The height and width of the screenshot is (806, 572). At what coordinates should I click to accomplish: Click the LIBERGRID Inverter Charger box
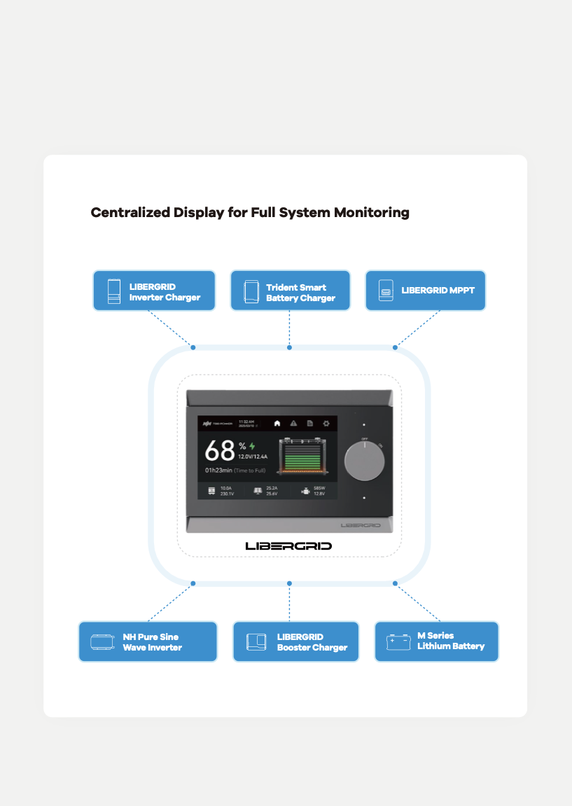(154, 291)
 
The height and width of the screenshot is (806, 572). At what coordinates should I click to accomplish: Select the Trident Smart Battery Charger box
(290, 291)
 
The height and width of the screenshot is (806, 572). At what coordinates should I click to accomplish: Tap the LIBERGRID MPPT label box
(425, 291)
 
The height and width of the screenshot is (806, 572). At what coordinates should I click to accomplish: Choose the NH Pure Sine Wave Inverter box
(148, 641)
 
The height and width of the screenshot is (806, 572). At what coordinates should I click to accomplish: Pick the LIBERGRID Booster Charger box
(295, 641)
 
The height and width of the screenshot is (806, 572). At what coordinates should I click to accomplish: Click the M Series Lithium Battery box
(436, 641)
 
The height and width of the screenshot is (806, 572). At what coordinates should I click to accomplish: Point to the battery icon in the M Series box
(399, 641)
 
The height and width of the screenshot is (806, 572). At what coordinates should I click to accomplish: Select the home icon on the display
(277, 424)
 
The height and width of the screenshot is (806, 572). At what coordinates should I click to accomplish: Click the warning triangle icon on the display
(293, 424)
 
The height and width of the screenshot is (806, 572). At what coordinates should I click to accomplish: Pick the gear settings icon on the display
(326, 424)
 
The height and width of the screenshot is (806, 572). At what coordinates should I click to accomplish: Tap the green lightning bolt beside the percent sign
(252, 445)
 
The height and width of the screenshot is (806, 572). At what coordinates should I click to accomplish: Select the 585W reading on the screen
(319, 488)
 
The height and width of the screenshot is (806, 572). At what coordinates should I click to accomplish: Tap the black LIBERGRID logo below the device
(288, 546)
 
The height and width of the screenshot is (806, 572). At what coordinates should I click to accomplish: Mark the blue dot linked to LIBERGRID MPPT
(395, 347)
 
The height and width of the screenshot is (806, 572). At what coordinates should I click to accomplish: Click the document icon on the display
(309, 424)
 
